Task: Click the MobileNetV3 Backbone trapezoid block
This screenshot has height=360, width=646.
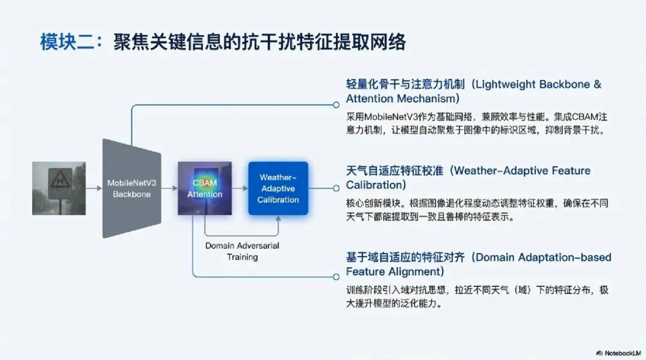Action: [131, 188]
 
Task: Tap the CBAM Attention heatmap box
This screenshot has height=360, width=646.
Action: [205, 188]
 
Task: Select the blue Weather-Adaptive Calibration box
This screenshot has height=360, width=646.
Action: [278, 188]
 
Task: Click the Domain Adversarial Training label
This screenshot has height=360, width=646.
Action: [242, 251]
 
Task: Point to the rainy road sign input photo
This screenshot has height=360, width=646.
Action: [59, 188]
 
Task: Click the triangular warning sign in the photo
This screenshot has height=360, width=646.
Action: [60, 178]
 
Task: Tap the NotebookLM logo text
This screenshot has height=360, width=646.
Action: [618, 353]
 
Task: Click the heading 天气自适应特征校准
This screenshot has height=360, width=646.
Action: [395, 171]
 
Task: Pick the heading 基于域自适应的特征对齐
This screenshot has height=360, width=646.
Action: [407, 258]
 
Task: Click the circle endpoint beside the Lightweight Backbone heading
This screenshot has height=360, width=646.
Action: [336, 105]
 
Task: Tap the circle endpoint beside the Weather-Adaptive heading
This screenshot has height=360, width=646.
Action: [336, 188]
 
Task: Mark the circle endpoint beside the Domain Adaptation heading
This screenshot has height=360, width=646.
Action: [336, 276]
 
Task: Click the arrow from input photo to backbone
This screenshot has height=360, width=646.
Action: [93, 188]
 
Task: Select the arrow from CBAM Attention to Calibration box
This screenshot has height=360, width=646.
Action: [239, 188]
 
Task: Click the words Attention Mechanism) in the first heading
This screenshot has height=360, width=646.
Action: [402, 99]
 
